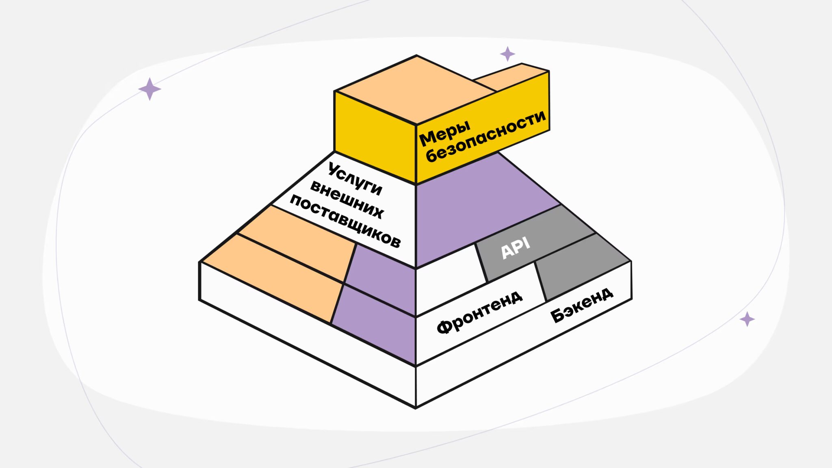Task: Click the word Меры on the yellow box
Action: [444, 133]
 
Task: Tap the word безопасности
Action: [486, 136]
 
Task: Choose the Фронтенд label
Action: [479, 312]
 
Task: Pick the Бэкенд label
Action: [581, 304]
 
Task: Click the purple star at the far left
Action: [149, 89]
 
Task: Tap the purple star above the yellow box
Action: [507, 54]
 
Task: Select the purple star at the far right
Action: [747, 319]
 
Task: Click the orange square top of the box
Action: [414, 89]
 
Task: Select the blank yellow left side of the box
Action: [374, 138]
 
